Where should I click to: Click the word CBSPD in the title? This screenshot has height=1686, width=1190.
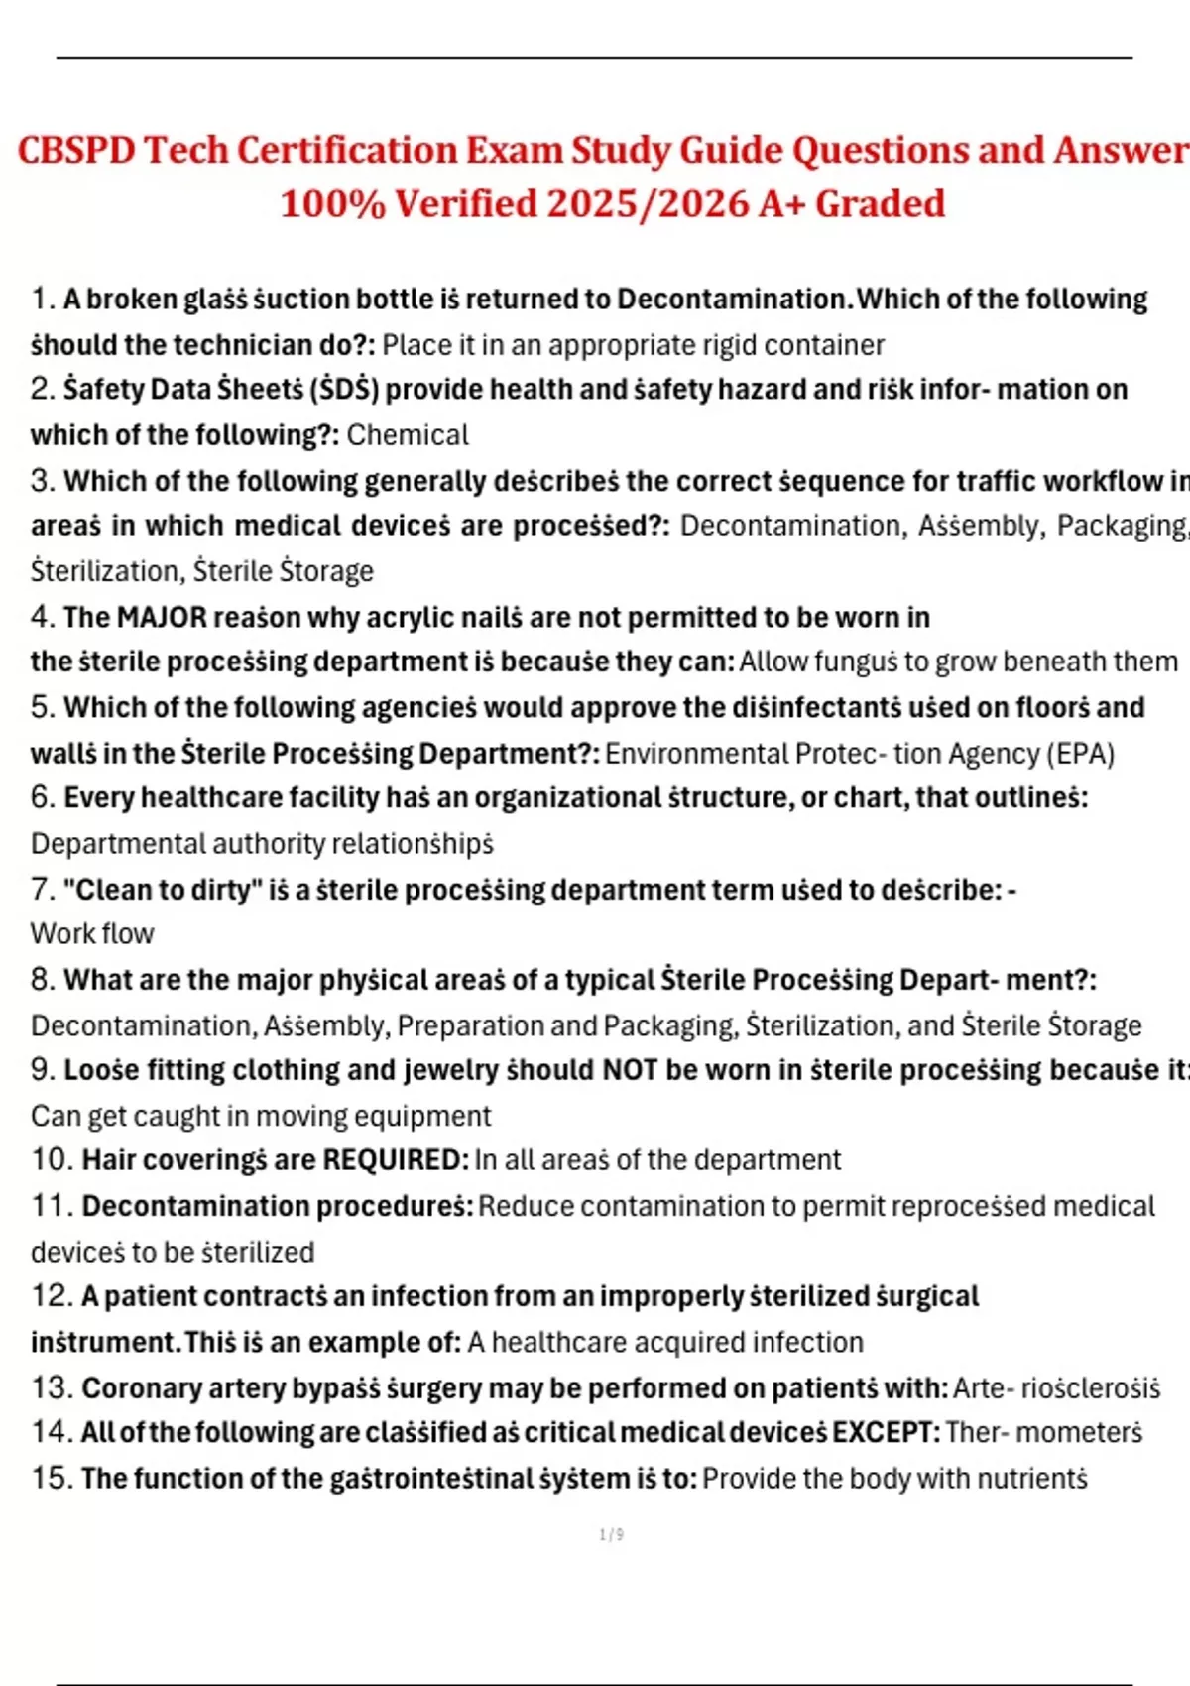pos(76,151)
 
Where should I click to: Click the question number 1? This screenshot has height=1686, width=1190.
pos(42,299)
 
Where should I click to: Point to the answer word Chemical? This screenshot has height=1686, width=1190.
pos(408,435)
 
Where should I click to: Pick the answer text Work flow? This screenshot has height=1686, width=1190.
pos(92,934)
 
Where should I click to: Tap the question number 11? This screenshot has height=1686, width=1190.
pos(52,1206)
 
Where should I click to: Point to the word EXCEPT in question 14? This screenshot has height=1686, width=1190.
pos(886,1432)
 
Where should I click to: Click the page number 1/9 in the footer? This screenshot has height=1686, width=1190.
pos(611,1535)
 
